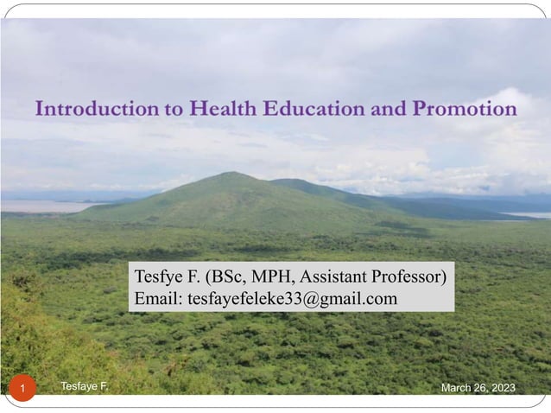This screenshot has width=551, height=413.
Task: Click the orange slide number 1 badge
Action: (23, 390)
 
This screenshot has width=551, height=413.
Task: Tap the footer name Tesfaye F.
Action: (85, 386)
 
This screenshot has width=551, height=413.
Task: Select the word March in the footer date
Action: (457, 389)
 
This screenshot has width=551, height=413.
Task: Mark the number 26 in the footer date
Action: (479, 389)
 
